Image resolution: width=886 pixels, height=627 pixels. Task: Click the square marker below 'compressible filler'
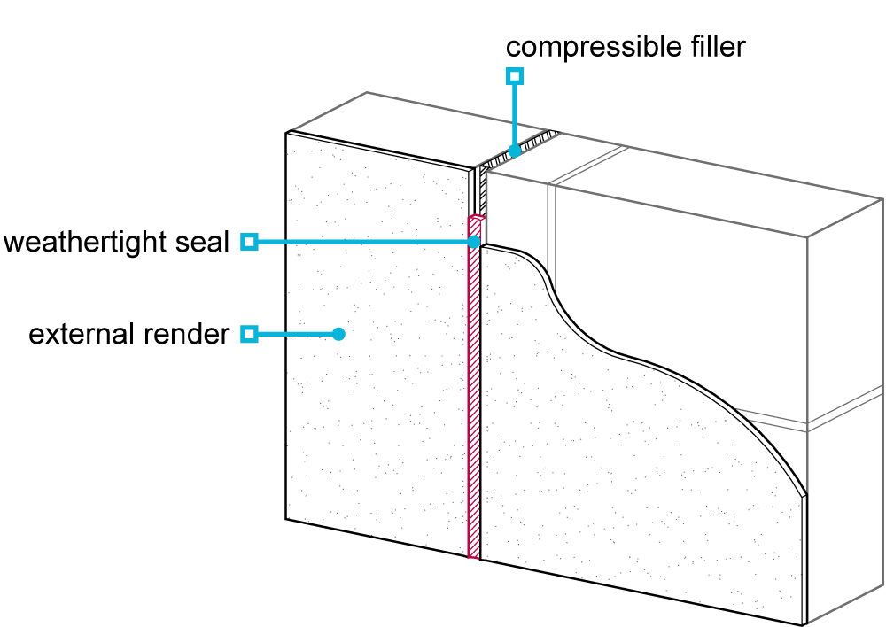click(x=514, y=75)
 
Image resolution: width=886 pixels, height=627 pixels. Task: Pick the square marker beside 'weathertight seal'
click(x=249, y=242)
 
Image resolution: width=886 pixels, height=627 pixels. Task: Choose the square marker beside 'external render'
click(x=249, y=334)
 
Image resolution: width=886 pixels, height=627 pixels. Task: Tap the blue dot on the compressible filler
click(x=514, y=151)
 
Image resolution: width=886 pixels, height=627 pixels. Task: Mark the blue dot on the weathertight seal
click(x=473, y=242)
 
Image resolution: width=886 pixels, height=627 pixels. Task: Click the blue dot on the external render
click(x=338, y=334)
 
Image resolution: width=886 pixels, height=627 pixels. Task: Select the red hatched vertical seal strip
click(x=474, y=387)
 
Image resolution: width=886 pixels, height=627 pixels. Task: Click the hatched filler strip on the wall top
click(x=518, y=149)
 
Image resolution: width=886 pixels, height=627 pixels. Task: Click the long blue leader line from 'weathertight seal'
click(x=365, y=242)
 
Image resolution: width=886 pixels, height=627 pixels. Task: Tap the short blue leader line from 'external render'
click(x=298, y=334)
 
